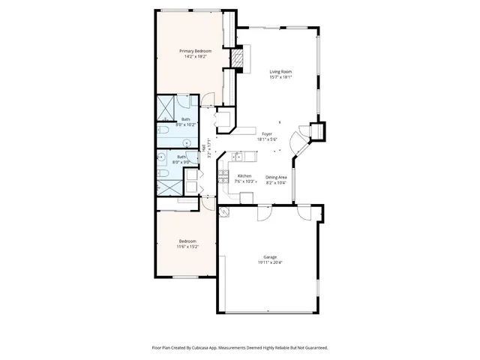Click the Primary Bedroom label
coord(195,50)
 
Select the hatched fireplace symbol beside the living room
coord(237,58)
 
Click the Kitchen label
coord(244,175)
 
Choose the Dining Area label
coord(276,176)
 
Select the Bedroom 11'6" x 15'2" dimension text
coord(187,247)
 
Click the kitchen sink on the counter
coord(238,157)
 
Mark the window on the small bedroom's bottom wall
coord(184,277)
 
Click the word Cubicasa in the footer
coord(199,347)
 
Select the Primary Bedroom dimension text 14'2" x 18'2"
coord(195,56)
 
